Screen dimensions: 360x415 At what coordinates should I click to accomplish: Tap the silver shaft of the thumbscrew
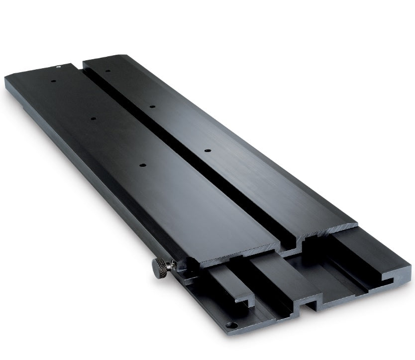pyautogui.click(x=171, y=264)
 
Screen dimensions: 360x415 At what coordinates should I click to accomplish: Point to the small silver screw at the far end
pyautogui.click(x=59, y=65)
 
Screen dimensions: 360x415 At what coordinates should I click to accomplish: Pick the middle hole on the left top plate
pyautogui.click(x=92, y=118)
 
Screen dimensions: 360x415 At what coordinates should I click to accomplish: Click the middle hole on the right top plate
pyautogui.click(x=152, y=106)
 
